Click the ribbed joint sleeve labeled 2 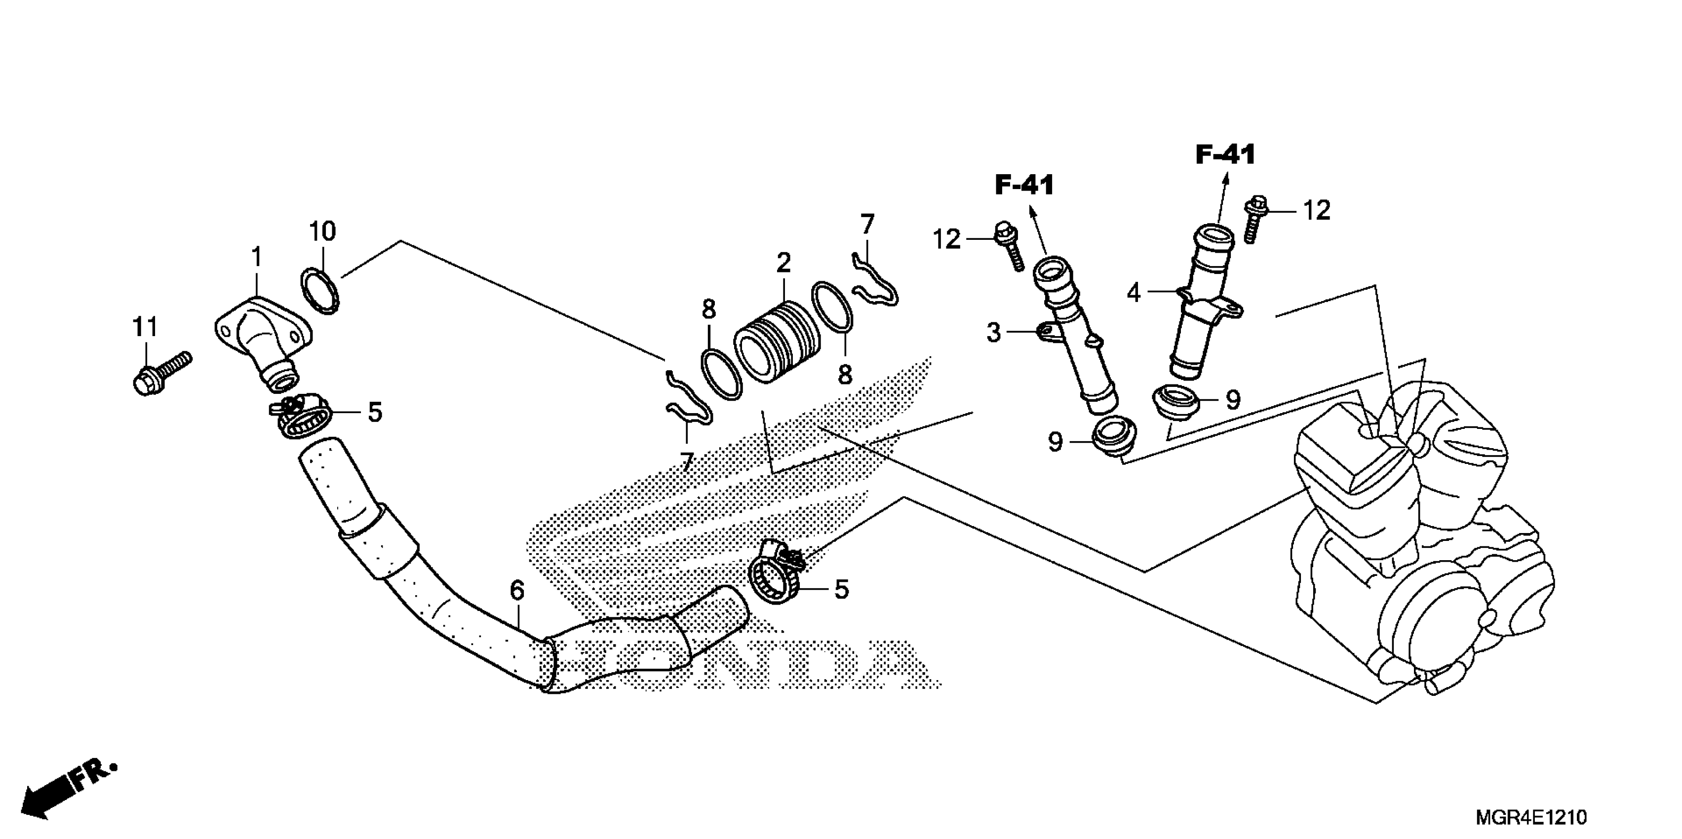coord(777,342)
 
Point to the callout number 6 coord(516,591)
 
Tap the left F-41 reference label coord(1024,186)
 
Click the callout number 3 coord(993,333)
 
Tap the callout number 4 coord(1134,294)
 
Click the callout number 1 coord(257,257)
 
